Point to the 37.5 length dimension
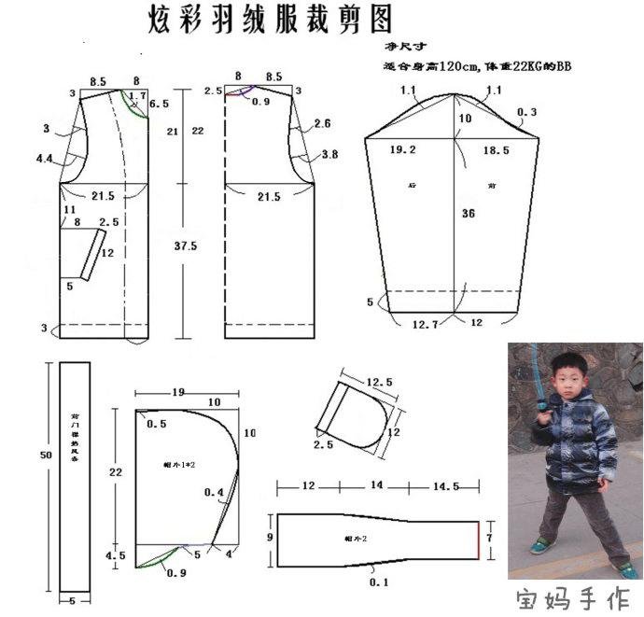pos(185,246)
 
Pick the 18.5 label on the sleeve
pos(497,149)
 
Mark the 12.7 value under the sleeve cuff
pos(426,325)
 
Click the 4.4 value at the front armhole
pos(44,160)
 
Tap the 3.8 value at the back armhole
pos(329,155)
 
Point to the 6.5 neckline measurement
pos(159,105)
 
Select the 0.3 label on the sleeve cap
pos(526,113)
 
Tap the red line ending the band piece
pos(478,540)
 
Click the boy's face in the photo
pos(566,372)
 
